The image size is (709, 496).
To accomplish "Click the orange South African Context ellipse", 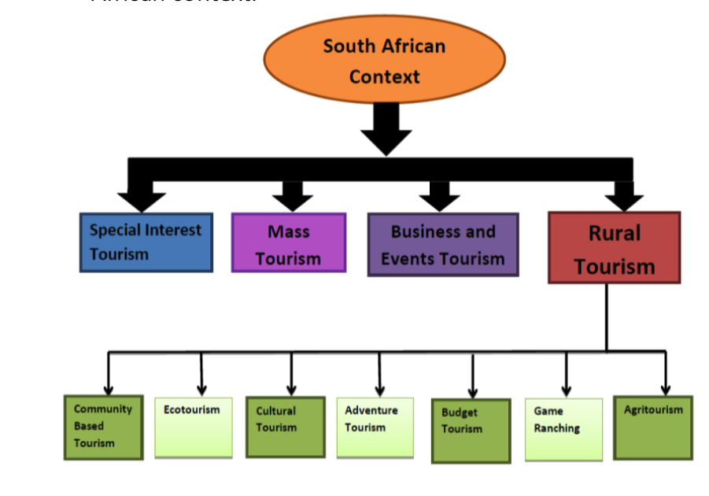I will (384, 61).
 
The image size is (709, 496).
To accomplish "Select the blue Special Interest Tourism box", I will (146, 242).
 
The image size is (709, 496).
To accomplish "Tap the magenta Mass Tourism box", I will (288, 242).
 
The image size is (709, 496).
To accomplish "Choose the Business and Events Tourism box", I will (443, 245).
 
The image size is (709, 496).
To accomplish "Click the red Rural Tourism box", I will (614, 247).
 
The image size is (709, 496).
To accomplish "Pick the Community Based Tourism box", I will (103, 428).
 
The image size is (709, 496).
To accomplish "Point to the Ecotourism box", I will (194, 428).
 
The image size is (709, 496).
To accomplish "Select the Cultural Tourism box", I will (285, 427).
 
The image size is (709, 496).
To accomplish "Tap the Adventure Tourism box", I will (375, 428).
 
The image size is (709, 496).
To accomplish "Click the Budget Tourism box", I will (471, 431).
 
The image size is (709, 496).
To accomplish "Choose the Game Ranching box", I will (563, 429).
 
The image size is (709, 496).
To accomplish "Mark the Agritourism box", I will (653, 428).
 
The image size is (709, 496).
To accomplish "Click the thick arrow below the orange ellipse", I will (386, 130).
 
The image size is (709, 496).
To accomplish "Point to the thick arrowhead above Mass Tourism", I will (293, 198).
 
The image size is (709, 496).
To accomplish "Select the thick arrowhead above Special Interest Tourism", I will (142, 200).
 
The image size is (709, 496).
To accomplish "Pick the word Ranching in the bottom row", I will (556, 429).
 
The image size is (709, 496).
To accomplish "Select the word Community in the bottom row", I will (103, 409).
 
